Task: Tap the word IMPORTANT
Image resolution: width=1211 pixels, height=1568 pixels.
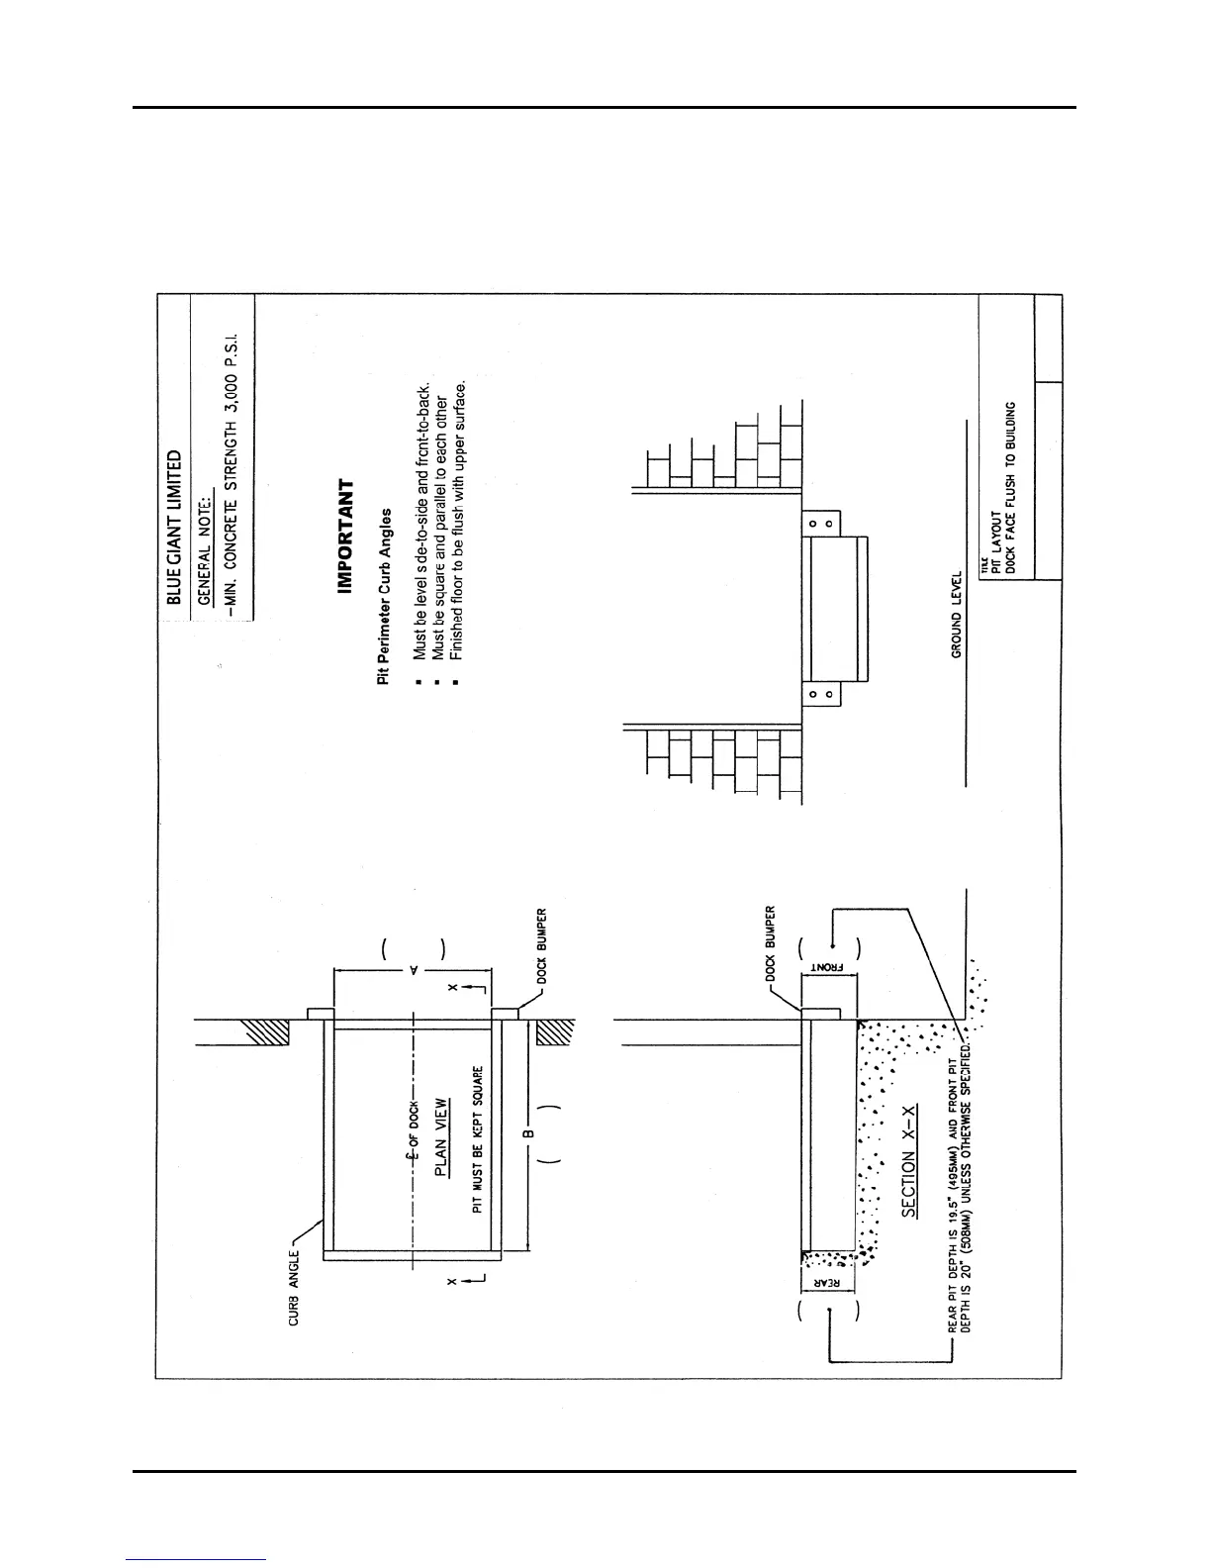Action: pos(345,537)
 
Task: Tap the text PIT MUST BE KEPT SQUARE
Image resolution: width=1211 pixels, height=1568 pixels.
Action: pos(477,1139)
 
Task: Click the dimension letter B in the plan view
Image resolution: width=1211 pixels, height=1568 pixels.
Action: pos(528,1132)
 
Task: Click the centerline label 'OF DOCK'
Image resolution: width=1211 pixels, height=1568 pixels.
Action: pos(415,1115)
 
